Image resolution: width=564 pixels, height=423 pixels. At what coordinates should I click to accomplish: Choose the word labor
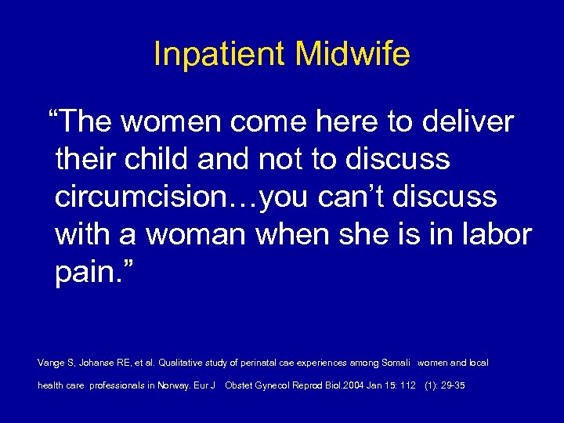point(497,234)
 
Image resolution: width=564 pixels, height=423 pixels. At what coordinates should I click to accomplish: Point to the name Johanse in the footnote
point(99,363)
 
